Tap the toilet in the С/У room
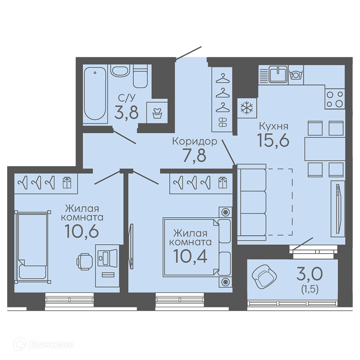(x=140, y=76)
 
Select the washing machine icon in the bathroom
(x=157, y=112)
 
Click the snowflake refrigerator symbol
(x=247, y=108)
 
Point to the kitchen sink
(x=278, y=74)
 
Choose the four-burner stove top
(x=335, y=99)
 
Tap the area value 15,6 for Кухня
(x=273, y=140)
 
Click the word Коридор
(x=195, y=142)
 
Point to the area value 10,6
(x=82, y=231)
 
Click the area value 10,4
(x=190, y=256)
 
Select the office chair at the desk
(x=84, y=262)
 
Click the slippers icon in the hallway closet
(x=223, y=122)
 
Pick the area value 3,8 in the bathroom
(x=126, y=112)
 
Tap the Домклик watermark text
(x=51, y=345)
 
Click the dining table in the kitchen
(x=325, y=149)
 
